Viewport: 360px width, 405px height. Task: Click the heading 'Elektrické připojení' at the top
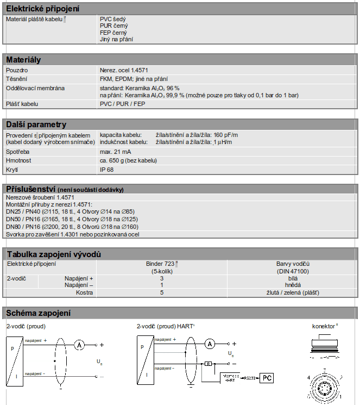pos(42,8)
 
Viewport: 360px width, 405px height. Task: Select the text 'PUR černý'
pos(113,25)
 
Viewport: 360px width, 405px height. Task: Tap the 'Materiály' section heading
pos(23,59)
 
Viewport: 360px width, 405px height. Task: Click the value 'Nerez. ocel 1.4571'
pos(124,70)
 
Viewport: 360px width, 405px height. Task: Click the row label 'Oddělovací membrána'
pos(35,88)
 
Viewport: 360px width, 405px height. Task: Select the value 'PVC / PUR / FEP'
pos(122,103)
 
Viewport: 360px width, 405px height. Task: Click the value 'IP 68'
pos(107,169)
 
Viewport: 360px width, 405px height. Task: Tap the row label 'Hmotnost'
pos(19,160)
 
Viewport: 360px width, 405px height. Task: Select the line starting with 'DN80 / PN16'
pos(72,226)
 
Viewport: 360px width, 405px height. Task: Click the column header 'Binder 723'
pos(161,263)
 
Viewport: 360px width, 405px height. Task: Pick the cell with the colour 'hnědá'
pos(293,285)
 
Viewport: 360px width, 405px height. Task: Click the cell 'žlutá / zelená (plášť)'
pos(293,292)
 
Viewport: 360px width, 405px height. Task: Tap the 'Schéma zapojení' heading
pos(38,313)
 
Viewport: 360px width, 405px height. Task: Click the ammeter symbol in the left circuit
pos(79,344)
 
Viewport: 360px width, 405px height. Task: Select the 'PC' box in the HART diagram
pos(266,377)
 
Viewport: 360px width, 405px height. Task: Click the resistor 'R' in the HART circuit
pos(208,363)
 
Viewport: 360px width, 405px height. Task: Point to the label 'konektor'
pos(323,326)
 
